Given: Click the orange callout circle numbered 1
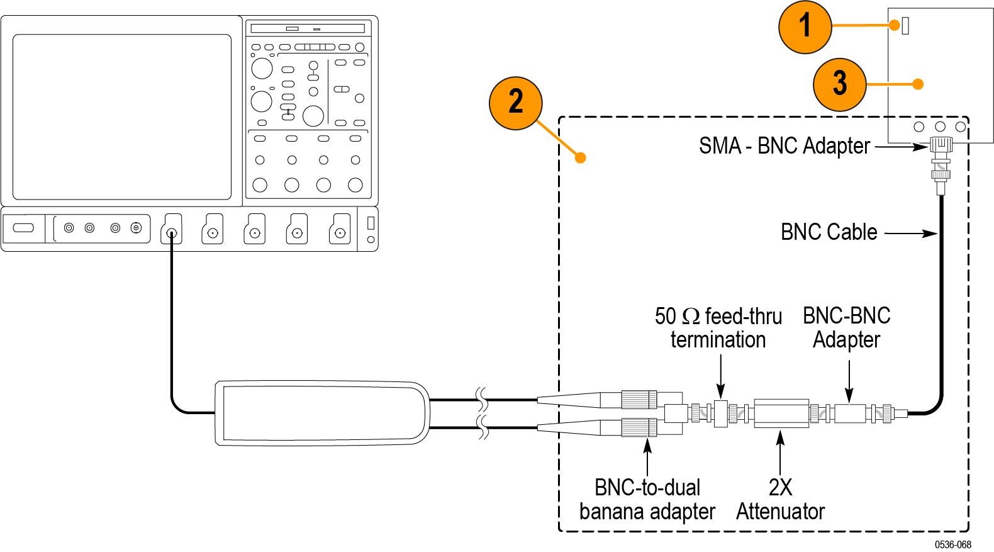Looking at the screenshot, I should click(x=805, y=27).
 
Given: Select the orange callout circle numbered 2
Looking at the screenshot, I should click(x=515, y=102).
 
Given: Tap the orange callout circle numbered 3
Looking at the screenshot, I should click(x=839, y=84).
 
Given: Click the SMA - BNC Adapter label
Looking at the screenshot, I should click(x=784, y=146).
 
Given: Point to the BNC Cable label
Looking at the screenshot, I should click(x=829, y=232).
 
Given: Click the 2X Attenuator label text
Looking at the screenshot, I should click(x=780, y=499).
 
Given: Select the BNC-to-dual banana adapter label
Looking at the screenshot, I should click(x=647, y=499).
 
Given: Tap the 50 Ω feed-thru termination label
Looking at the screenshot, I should click(x=718, y=327).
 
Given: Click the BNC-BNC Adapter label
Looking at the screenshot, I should click(x=846, y=327).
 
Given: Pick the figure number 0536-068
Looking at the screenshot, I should click(x=952, y=544).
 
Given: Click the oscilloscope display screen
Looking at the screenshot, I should click(x=122, y=116).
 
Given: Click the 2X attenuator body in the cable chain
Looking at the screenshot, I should click(x=781, y=414).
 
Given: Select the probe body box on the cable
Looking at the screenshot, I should click(x=321, y=413).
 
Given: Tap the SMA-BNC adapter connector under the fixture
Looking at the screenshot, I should click(x=940, y=148).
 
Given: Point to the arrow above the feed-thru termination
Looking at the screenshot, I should click(x=721, y=378).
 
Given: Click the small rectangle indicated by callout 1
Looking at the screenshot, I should click(x=905, y=26).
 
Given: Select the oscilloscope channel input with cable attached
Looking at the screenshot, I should click(x=171, y=235).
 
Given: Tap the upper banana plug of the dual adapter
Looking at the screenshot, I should click(x=639, y=399).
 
